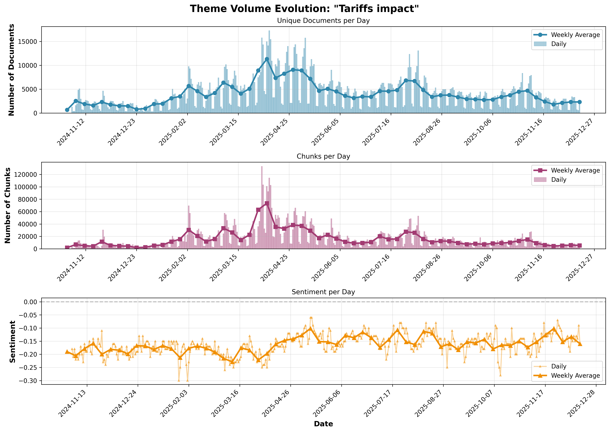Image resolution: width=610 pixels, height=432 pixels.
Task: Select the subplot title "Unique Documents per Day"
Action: tap(323, 21)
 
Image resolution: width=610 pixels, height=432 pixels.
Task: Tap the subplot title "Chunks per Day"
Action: tap(323, 156)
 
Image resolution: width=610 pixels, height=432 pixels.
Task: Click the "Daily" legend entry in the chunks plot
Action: tap(559, 180)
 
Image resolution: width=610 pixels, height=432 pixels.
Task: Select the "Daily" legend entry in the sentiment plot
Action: tap(559, 366)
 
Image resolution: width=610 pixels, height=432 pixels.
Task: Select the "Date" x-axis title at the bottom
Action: tap(323, 424)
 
